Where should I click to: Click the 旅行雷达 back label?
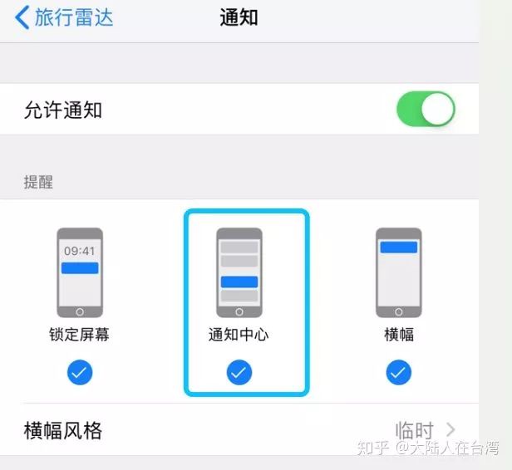[x=74, y=17]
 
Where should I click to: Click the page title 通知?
[x=239, y=17]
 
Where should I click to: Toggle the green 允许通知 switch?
[x=426, y=110]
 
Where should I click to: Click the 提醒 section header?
[x=38, y=182]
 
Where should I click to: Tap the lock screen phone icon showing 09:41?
[x=80, y=272]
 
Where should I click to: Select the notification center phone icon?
[x=239, y=272]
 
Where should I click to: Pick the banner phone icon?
[x=399, y=272]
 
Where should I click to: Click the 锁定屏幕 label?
[x=80, y=335]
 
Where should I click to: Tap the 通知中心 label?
[x=239, y=335]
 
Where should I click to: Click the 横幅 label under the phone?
[x=399, y=335]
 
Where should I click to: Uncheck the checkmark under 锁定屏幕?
[x=80, y=373]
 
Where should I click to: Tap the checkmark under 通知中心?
[x=239, y=373]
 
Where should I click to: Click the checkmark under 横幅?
[x=399, y=373]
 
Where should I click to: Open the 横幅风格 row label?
[x=63, y=431]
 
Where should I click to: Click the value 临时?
[x=415, y=431]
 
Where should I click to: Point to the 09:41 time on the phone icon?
[x=80, y=250]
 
